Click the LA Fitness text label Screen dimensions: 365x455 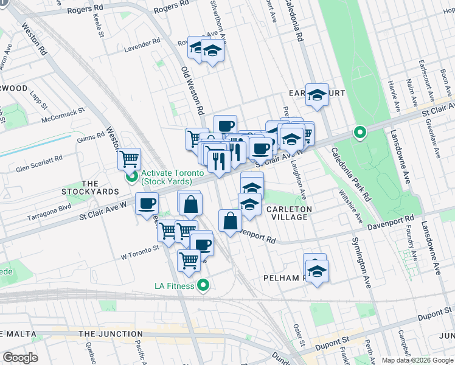[x=174, y=286]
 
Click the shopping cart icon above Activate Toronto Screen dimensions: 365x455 [x=129, y=159]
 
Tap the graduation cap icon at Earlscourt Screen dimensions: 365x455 [x=317, y=95]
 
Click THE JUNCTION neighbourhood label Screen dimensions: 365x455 [x=110, y=334]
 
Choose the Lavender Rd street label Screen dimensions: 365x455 [x=142, y=50]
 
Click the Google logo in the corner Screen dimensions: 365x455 [x=20, y=357]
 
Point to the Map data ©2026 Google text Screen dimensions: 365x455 [x=417, y=360]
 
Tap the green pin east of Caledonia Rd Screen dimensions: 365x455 [x=360, y=132]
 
